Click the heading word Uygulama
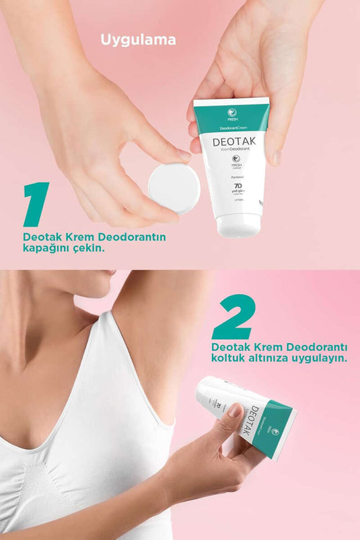(x=139, y=40)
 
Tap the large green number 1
(x=36, y=204)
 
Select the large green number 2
(x=233, y=317)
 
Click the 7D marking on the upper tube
(x=238, y=186)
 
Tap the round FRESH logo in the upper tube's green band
(x=231, y=113)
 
